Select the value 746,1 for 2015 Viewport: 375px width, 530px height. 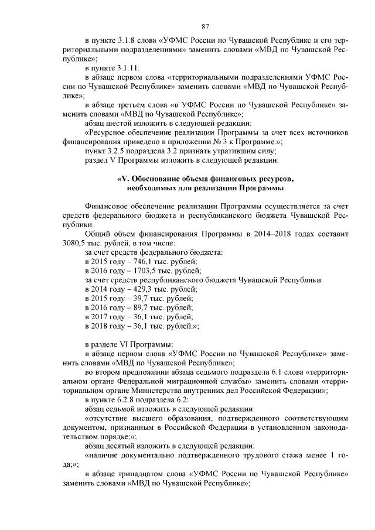click(137, 262)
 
